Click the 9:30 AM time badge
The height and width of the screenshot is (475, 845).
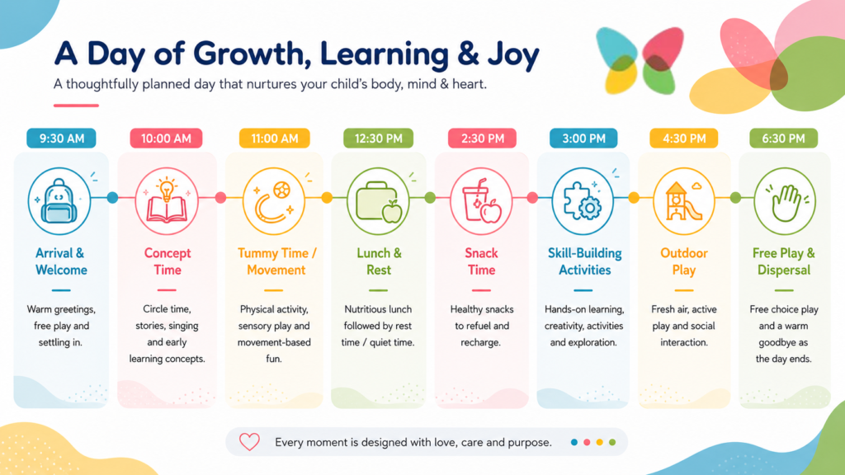pos(61,139)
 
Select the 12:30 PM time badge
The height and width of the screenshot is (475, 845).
pos(378,139)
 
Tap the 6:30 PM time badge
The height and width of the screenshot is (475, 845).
pos(784,139)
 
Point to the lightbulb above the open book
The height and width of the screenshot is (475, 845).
pos(167,189)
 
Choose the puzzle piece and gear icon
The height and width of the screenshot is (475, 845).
pos(582,201)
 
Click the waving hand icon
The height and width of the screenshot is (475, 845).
pos(786,203)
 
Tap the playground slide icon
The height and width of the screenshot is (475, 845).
pos(683,201)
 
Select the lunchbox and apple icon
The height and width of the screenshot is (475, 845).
pos(378,202)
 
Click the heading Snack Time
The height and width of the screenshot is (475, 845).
pos(481,261)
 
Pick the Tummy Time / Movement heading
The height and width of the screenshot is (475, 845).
pos(276,261)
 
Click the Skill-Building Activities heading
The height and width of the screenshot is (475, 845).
pos(585,261)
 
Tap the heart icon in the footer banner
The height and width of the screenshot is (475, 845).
pos(249,442)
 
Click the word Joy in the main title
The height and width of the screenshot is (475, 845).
pos(506,54)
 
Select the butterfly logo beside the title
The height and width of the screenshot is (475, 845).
pos(640,60)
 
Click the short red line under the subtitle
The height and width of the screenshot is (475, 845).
pos(76,105)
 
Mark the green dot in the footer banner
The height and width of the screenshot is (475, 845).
pos(612,442)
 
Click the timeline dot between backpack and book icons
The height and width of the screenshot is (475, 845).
pos(112,198)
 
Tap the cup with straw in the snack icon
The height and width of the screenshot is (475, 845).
pos(475,200)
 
